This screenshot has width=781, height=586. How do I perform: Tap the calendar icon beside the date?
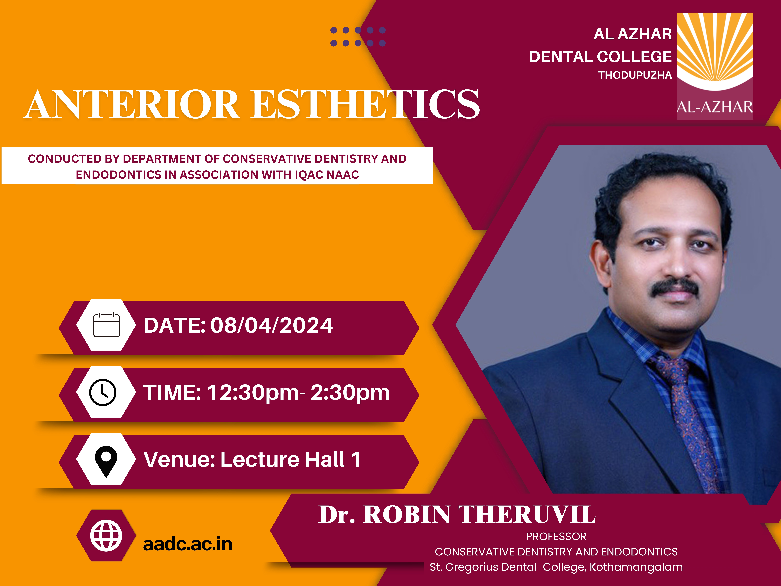(x=106, y=325)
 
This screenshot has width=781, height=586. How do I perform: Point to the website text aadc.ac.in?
(x=188, y=544)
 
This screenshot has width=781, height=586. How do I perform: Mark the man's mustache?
(x=675, y=288)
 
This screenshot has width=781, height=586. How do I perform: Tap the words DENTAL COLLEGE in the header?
(x=600, y=57)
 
